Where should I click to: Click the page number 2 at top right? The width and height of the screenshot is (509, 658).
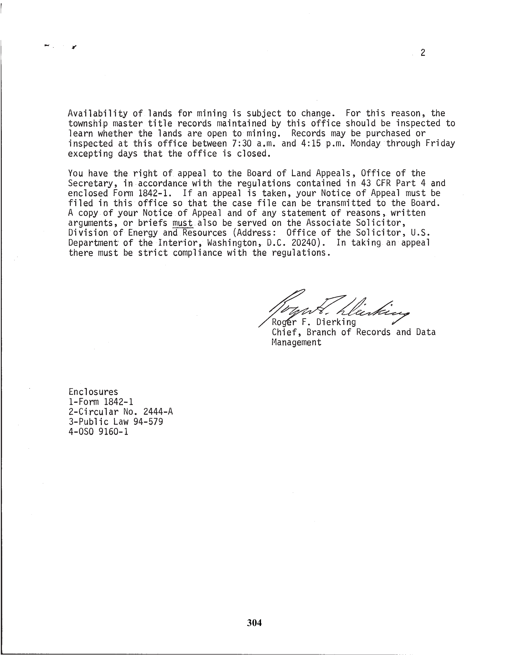point(423,53)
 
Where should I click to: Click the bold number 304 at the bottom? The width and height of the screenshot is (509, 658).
point(254,623)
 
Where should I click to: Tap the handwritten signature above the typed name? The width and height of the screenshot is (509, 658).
point(335,307)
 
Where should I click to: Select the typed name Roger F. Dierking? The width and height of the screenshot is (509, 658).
point(314,322)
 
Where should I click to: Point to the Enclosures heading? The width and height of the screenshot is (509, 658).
point(93,392)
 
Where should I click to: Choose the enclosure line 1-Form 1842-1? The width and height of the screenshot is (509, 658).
point(101,402)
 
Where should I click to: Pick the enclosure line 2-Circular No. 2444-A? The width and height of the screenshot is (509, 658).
point(121,412)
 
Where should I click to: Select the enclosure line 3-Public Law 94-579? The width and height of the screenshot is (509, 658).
point(116,422)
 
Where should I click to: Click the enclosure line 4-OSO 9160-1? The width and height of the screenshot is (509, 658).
point(98,432)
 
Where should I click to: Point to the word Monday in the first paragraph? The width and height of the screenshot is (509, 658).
point(365,143)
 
